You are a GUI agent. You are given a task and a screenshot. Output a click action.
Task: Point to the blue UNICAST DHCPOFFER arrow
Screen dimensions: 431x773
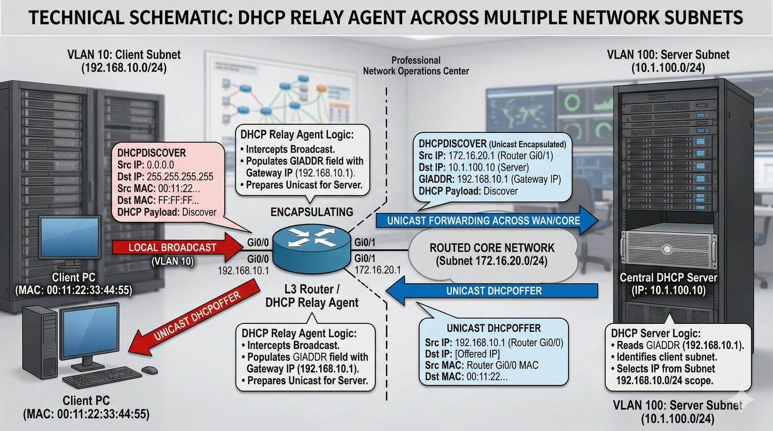coord(493,291)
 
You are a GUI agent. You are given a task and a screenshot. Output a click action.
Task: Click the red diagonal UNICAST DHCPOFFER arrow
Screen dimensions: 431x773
coord(193,319)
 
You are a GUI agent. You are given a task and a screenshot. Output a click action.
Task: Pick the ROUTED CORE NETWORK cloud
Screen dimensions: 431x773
coord(492,254)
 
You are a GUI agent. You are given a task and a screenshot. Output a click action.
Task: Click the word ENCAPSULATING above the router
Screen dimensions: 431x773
coord(312,212)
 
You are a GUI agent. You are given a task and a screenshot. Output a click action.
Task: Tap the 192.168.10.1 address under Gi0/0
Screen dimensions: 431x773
coord(243,271)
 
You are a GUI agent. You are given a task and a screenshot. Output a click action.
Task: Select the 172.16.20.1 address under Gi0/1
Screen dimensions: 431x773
coord(377,270)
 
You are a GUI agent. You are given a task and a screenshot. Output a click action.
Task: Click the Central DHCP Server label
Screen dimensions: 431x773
coord(668,278)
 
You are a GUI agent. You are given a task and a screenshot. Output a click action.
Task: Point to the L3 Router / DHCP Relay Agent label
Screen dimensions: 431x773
coord(312,296)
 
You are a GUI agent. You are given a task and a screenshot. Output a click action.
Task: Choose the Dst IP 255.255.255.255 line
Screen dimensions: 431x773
coord(165,177)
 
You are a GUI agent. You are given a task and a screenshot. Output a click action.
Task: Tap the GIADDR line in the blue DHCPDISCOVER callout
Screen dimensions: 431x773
coord(489,180)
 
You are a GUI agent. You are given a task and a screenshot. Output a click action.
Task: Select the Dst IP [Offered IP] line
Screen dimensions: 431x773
coord(462,354)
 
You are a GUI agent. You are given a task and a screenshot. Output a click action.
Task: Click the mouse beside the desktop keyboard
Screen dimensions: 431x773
coord(150,370)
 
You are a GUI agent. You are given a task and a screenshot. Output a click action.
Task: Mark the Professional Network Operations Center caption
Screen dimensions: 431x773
coord(416,66)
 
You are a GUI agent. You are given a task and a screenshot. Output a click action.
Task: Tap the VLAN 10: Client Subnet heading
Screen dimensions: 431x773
coord(124,55)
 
